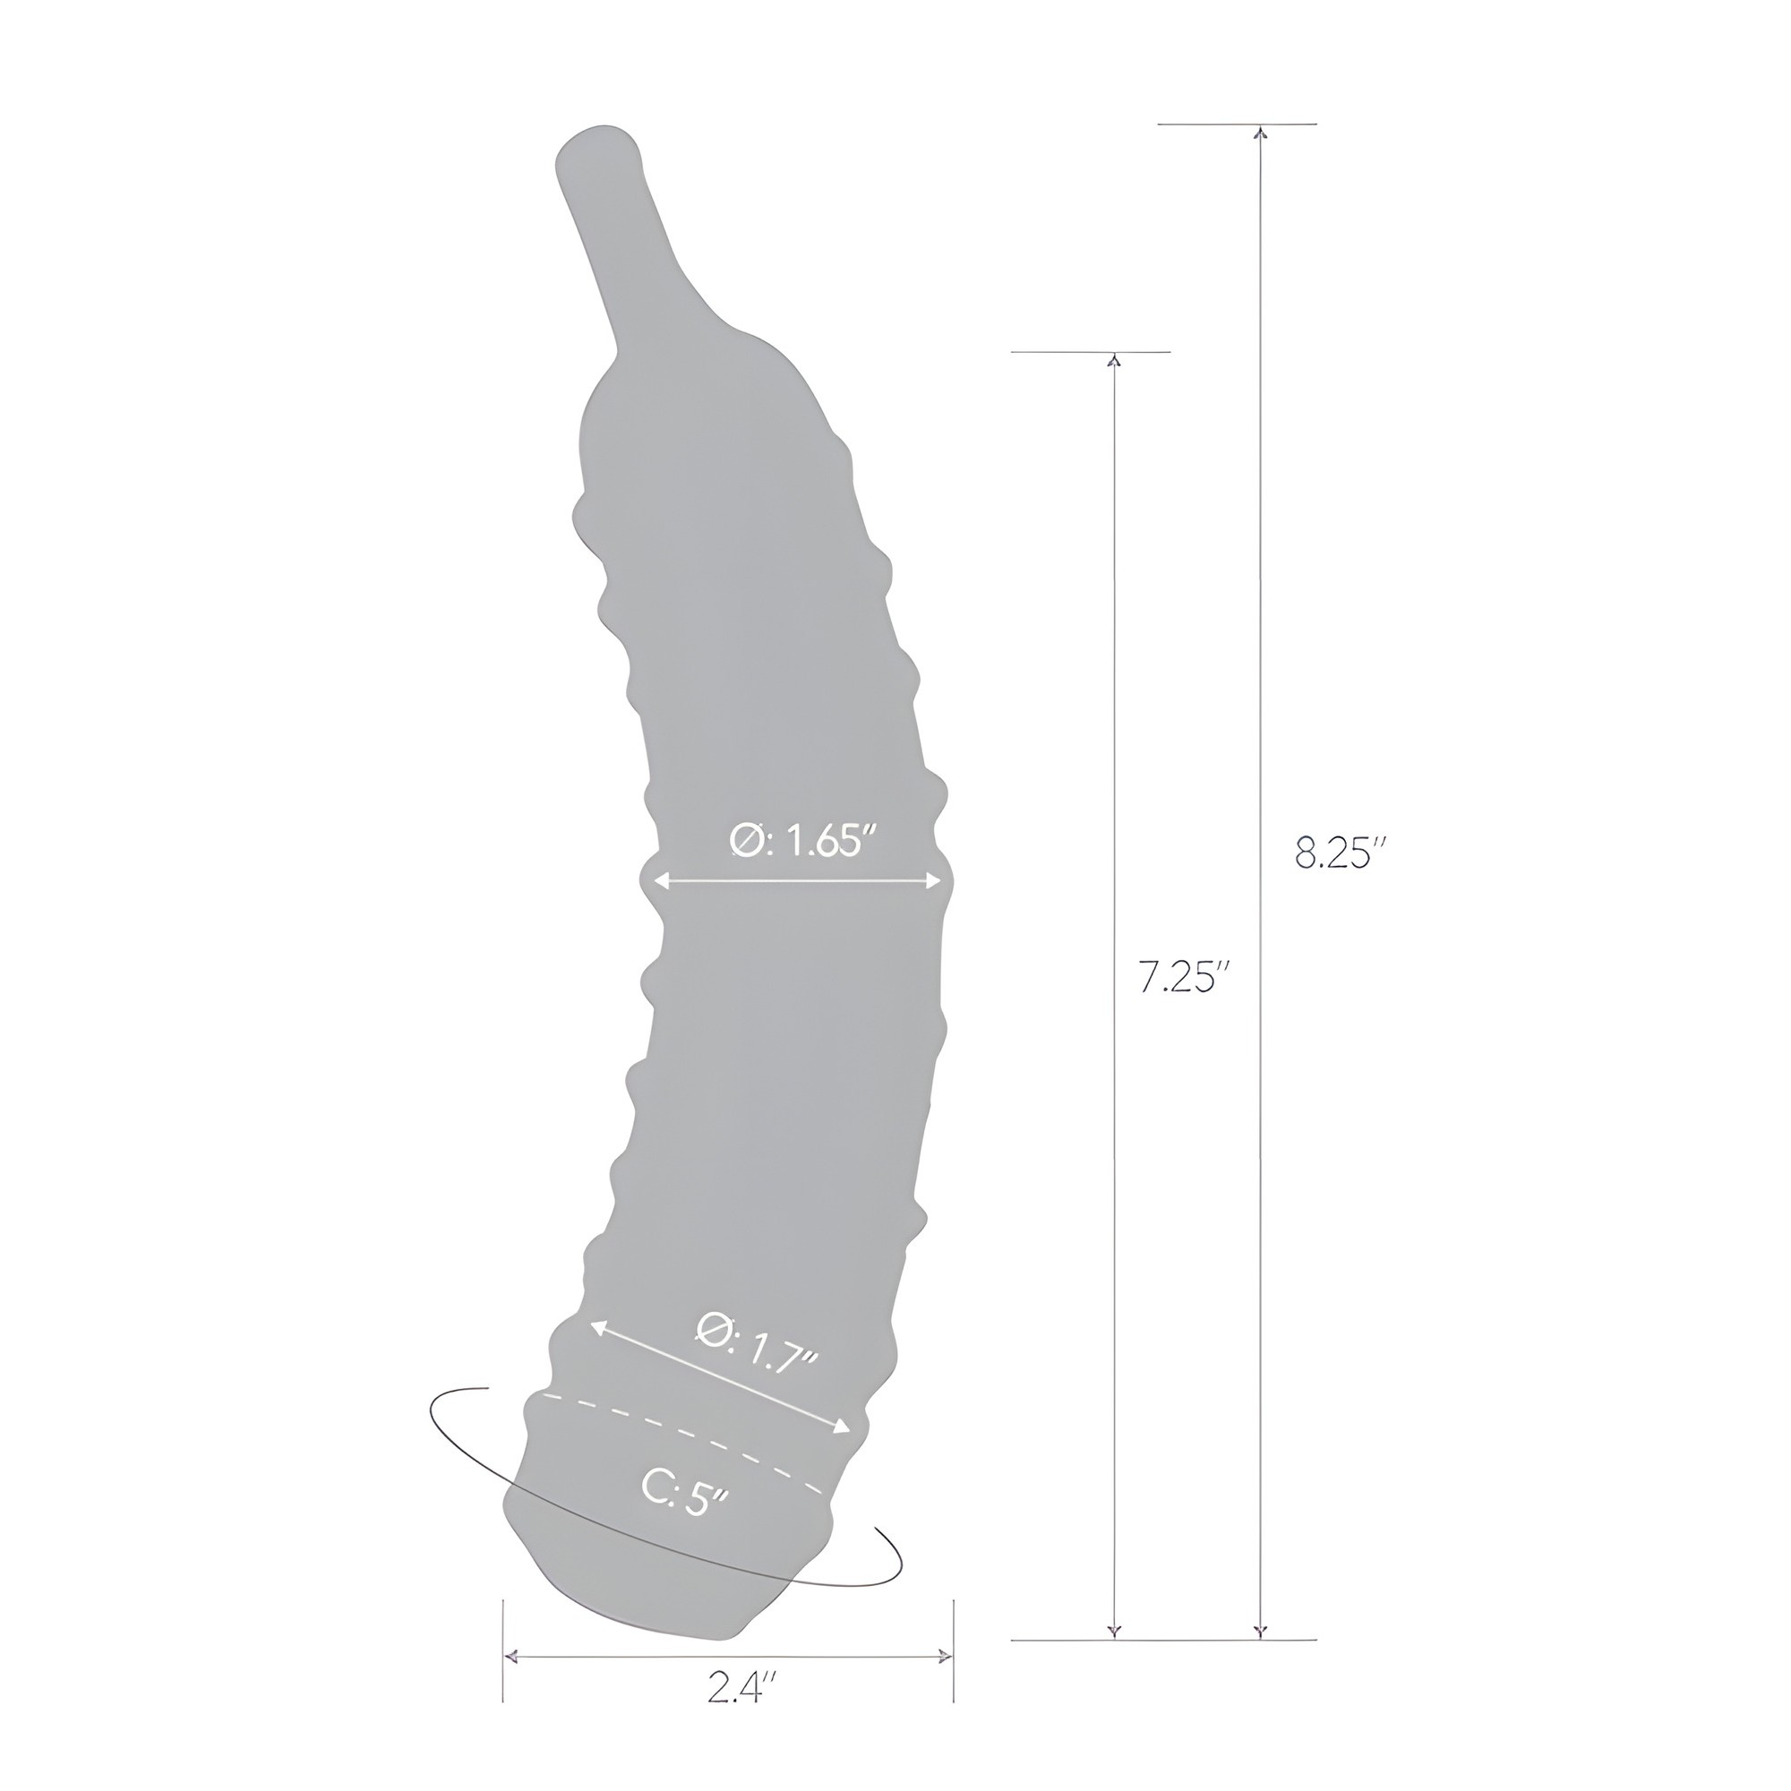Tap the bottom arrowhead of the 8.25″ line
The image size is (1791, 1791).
1259,1658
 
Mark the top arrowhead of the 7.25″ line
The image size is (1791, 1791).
1114,360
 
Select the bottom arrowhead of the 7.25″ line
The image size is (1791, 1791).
1114,1658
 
